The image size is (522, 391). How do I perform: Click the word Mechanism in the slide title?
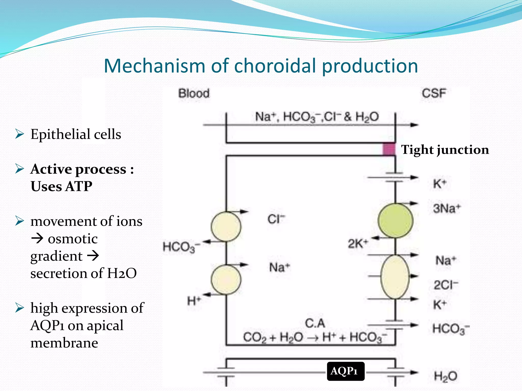tap(154, 66)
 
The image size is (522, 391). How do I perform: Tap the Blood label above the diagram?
tap(194, 93)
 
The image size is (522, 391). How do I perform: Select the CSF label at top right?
tap(434, 93)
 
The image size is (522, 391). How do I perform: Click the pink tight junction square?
tap(389, 149)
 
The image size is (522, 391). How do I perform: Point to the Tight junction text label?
tap(445, 150)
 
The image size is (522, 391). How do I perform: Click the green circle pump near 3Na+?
tap(395, 221)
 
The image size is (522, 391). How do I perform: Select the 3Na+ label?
tap(447, 208)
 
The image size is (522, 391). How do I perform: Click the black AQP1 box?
tap(345, 371)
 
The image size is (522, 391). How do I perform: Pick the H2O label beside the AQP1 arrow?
tap(446, 376)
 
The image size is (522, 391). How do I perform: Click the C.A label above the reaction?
tap(315, 323)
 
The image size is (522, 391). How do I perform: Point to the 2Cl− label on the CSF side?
tap(446, 285)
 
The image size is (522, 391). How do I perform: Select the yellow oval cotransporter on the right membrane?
tap(395, 277)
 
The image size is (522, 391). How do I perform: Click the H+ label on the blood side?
tap(194, 301)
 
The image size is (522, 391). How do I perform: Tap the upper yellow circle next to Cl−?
tap(226, 227)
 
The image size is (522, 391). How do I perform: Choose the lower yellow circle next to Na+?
tap(226, 280)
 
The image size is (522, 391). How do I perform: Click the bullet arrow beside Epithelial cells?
tap(19, 134)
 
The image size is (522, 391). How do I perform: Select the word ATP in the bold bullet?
tap(79, 186)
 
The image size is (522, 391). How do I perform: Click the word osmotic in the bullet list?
tap(73, 239)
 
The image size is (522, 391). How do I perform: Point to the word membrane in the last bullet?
tap(64, 343)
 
